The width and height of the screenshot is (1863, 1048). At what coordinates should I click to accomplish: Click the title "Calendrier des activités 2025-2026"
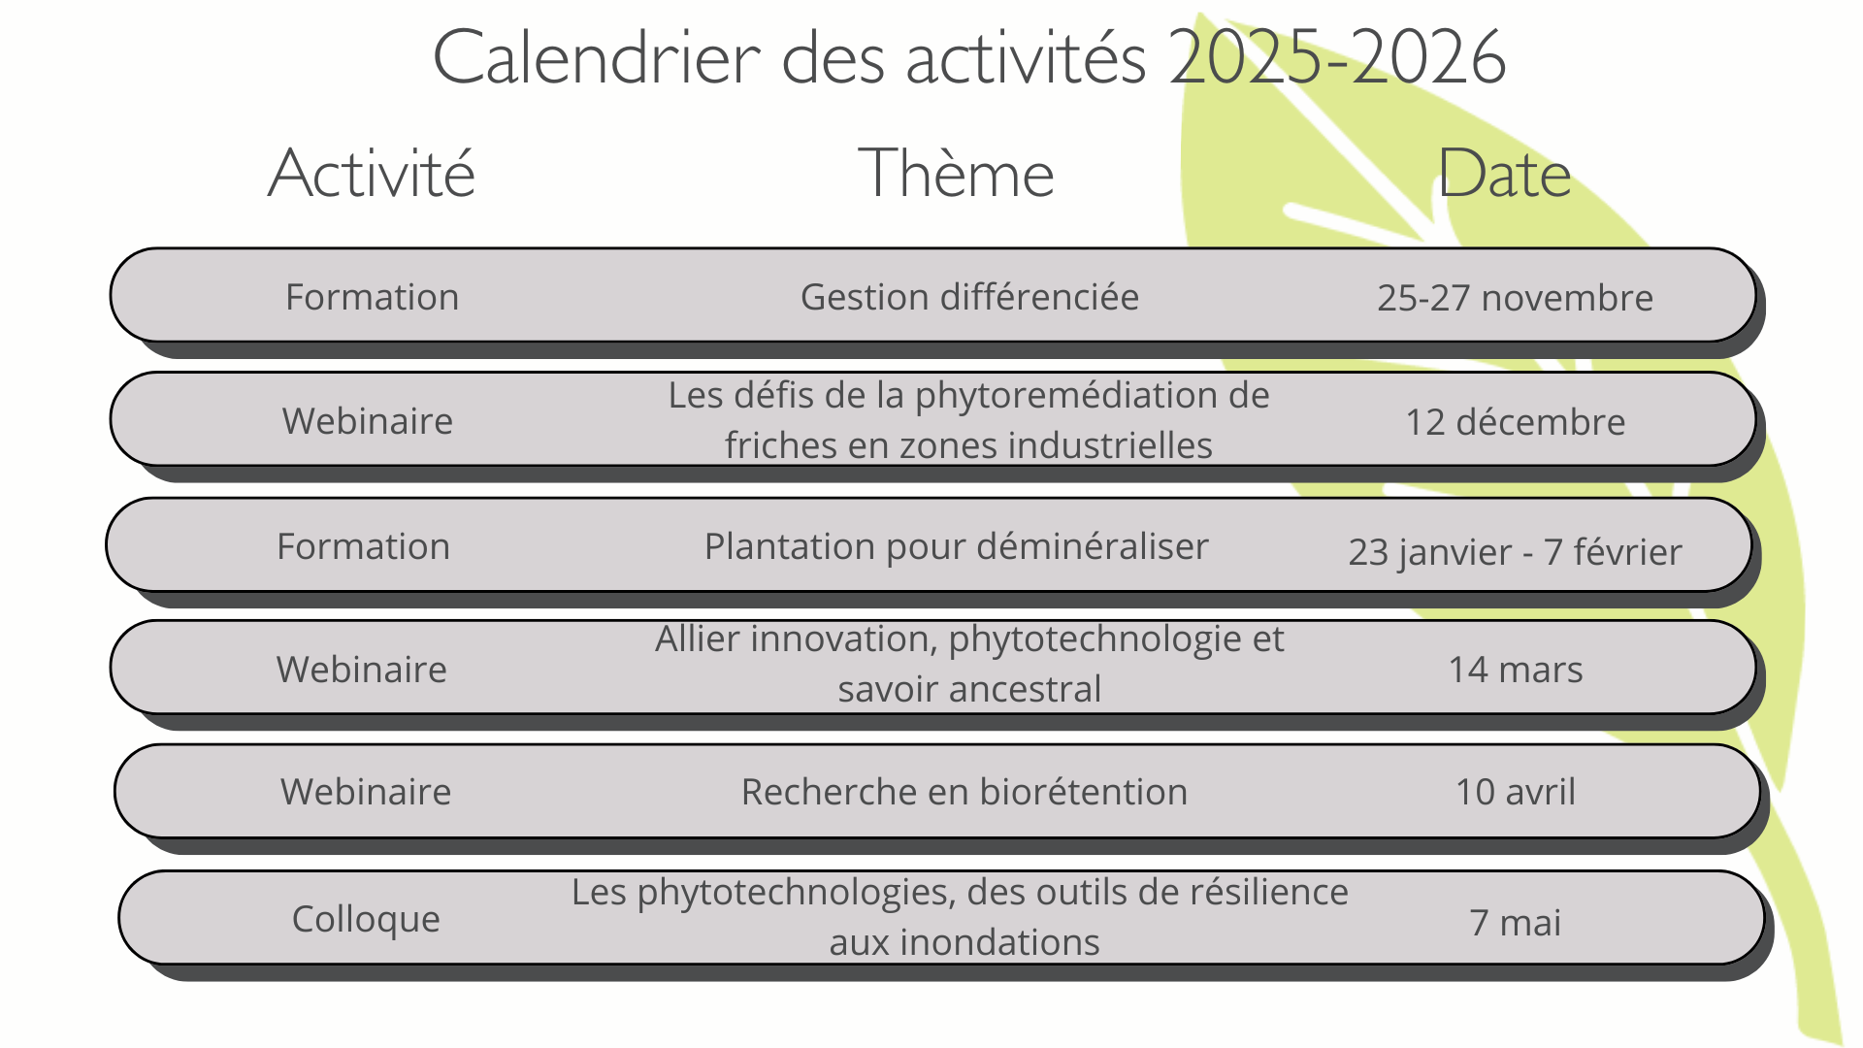(x=968, y=58)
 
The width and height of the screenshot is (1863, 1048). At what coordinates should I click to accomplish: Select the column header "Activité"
(x=372, y=175)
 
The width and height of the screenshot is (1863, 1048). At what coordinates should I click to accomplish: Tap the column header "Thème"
(x=956, y=175)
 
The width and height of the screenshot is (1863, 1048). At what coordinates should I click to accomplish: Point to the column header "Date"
(x=1504, y=175)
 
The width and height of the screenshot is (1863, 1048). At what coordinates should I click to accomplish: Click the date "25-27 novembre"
(x=1515, y=298)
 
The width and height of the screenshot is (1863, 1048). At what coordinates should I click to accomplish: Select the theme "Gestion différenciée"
(x=969, y=297)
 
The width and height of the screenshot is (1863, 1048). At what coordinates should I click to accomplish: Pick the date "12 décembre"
(x=1515, y=422)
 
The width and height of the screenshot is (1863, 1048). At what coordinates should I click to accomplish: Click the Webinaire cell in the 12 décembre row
(x=368, y=421)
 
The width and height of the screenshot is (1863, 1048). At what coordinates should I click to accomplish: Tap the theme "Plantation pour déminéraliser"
(x=956, y=546)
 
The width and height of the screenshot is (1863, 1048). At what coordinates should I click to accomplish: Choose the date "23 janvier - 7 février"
(x=1515, y=552)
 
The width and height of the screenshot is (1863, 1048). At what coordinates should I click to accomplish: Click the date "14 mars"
(x=1515, y=670)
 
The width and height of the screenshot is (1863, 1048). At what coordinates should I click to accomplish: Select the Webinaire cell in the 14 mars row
(x=362, y=670)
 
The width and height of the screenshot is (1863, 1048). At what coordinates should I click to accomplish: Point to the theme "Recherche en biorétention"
(x=964, y=792)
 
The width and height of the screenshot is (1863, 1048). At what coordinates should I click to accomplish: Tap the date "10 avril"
(x=1515, y=792)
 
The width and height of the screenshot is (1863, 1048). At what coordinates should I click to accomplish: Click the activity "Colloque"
(x=366, y=919)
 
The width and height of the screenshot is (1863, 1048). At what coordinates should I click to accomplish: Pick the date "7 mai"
(x=1515, y=923)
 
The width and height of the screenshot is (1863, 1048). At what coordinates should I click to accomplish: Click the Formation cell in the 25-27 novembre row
(x=372, y=297)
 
